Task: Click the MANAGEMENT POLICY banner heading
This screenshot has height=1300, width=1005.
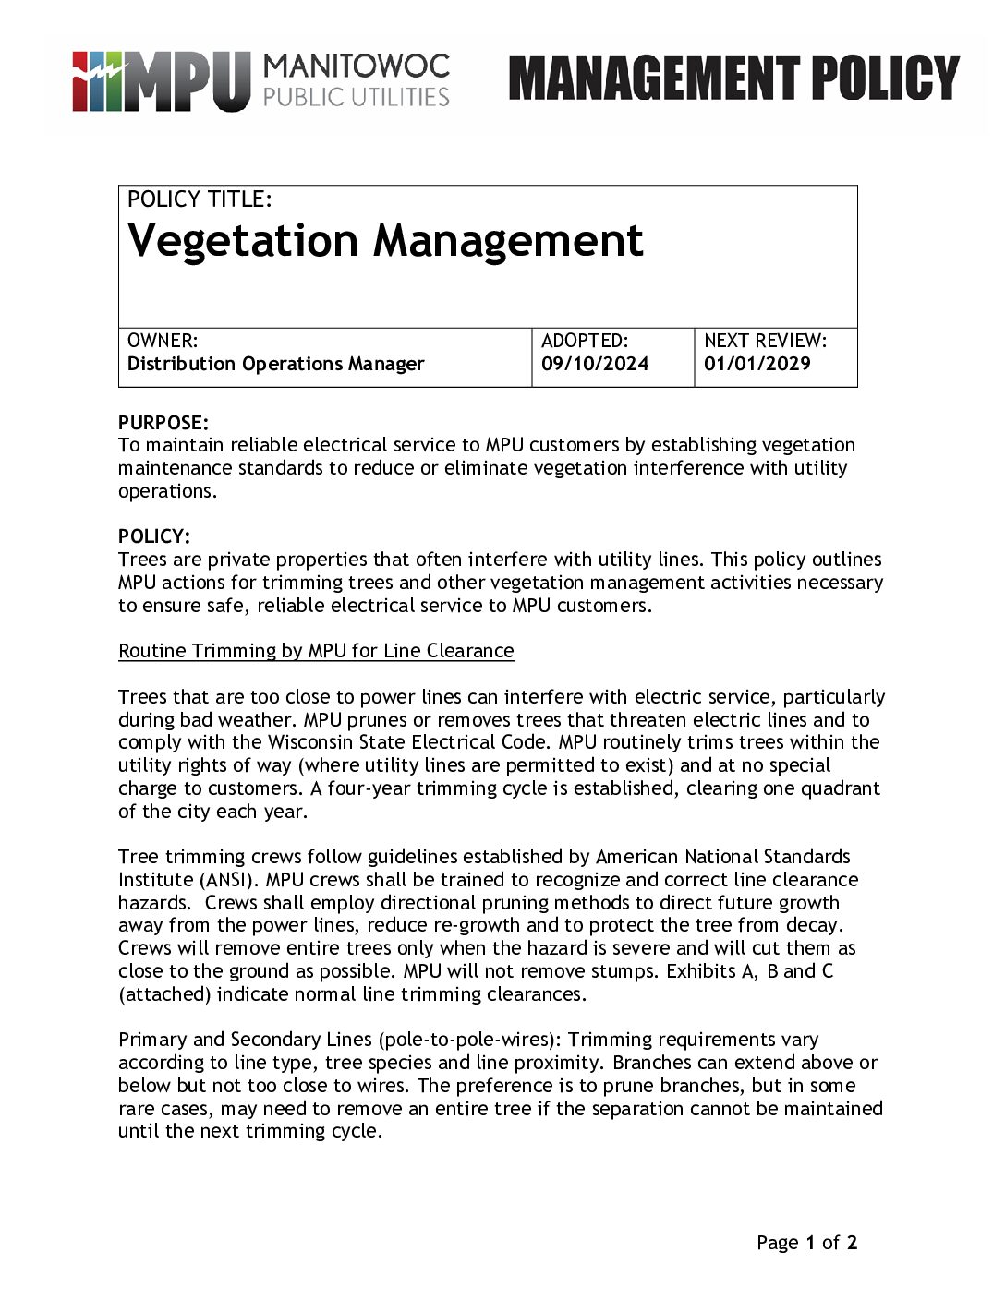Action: tap(733, 78)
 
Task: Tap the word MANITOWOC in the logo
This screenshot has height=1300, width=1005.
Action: tap(357, 66)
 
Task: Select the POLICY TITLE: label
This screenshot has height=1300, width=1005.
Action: tap(200, 199)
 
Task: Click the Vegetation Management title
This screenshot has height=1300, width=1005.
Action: tap(385, 241)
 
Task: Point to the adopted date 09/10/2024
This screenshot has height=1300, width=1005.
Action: tap(595, 364)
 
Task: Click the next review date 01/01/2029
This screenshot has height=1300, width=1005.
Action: tap(757, 364)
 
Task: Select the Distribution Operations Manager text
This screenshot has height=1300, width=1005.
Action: tap(275, 364)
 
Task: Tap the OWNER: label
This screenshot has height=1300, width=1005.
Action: tap(163, 341)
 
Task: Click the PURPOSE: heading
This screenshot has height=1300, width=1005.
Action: tap(163, 423)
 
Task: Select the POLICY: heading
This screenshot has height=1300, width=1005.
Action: tap(154, 536)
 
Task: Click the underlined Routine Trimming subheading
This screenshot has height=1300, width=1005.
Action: tap(316, 651)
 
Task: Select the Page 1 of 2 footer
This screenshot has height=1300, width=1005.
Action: tap(806, 1243)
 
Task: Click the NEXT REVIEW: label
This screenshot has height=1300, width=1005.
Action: tap(765, 341)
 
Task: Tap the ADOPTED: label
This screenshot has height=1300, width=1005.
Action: tap(585, 341)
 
